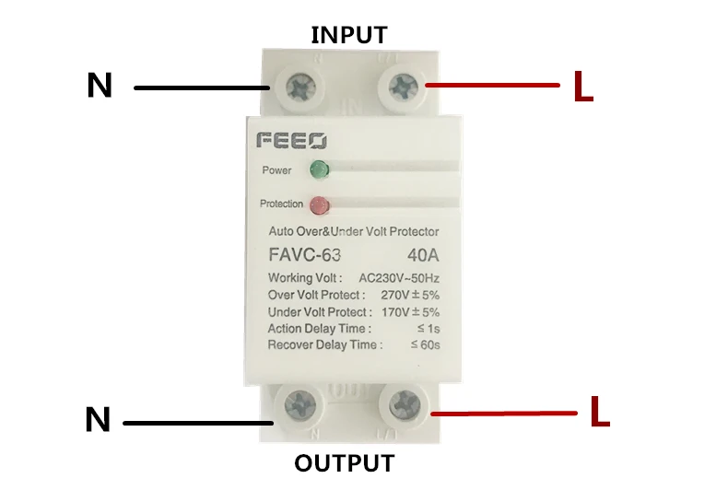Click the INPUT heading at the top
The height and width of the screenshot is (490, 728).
pos(349,35)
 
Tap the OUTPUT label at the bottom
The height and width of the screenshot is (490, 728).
pos(345,462)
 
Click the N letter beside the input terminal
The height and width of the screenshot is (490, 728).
pos(100,86)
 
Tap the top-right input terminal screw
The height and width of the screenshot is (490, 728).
pos(402,87)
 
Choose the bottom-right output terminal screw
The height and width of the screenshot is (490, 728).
pos(404,402)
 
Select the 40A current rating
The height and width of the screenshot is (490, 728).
pos(421,255)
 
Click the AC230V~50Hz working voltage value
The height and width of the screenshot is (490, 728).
pos(399,278)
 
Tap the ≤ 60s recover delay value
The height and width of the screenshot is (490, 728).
pos(424,345)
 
